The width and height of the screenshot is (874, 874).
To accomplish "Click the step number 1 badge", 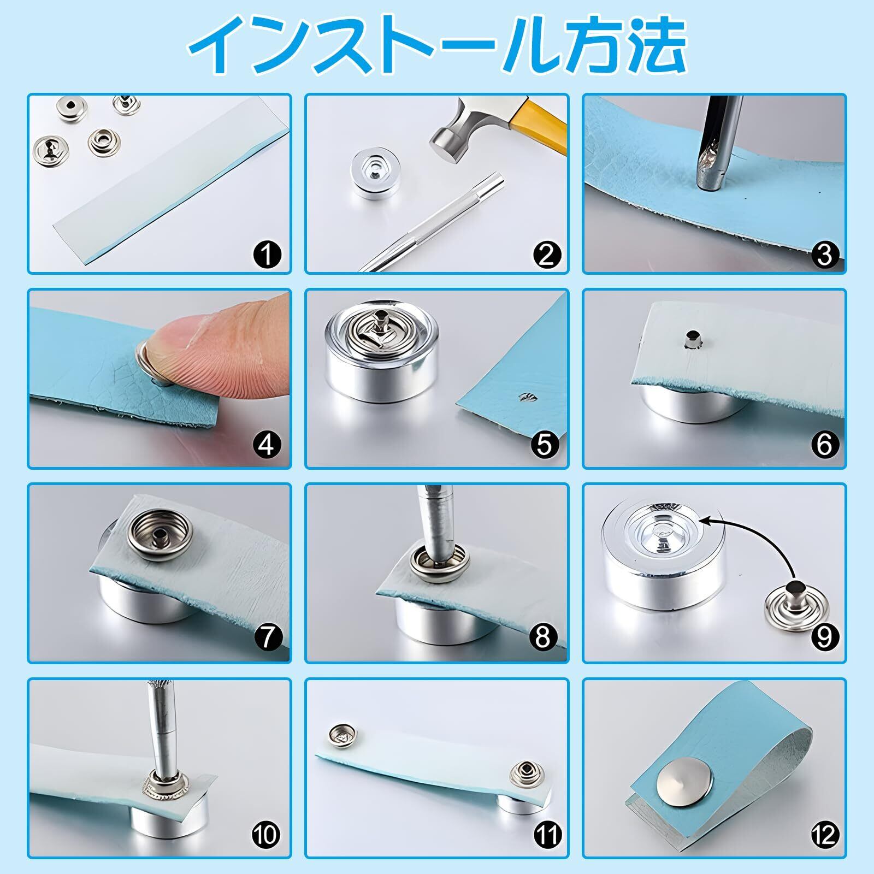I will (267, 255).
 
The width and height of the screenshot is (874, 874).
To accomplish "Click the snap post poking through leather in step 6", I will (692, 339).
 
